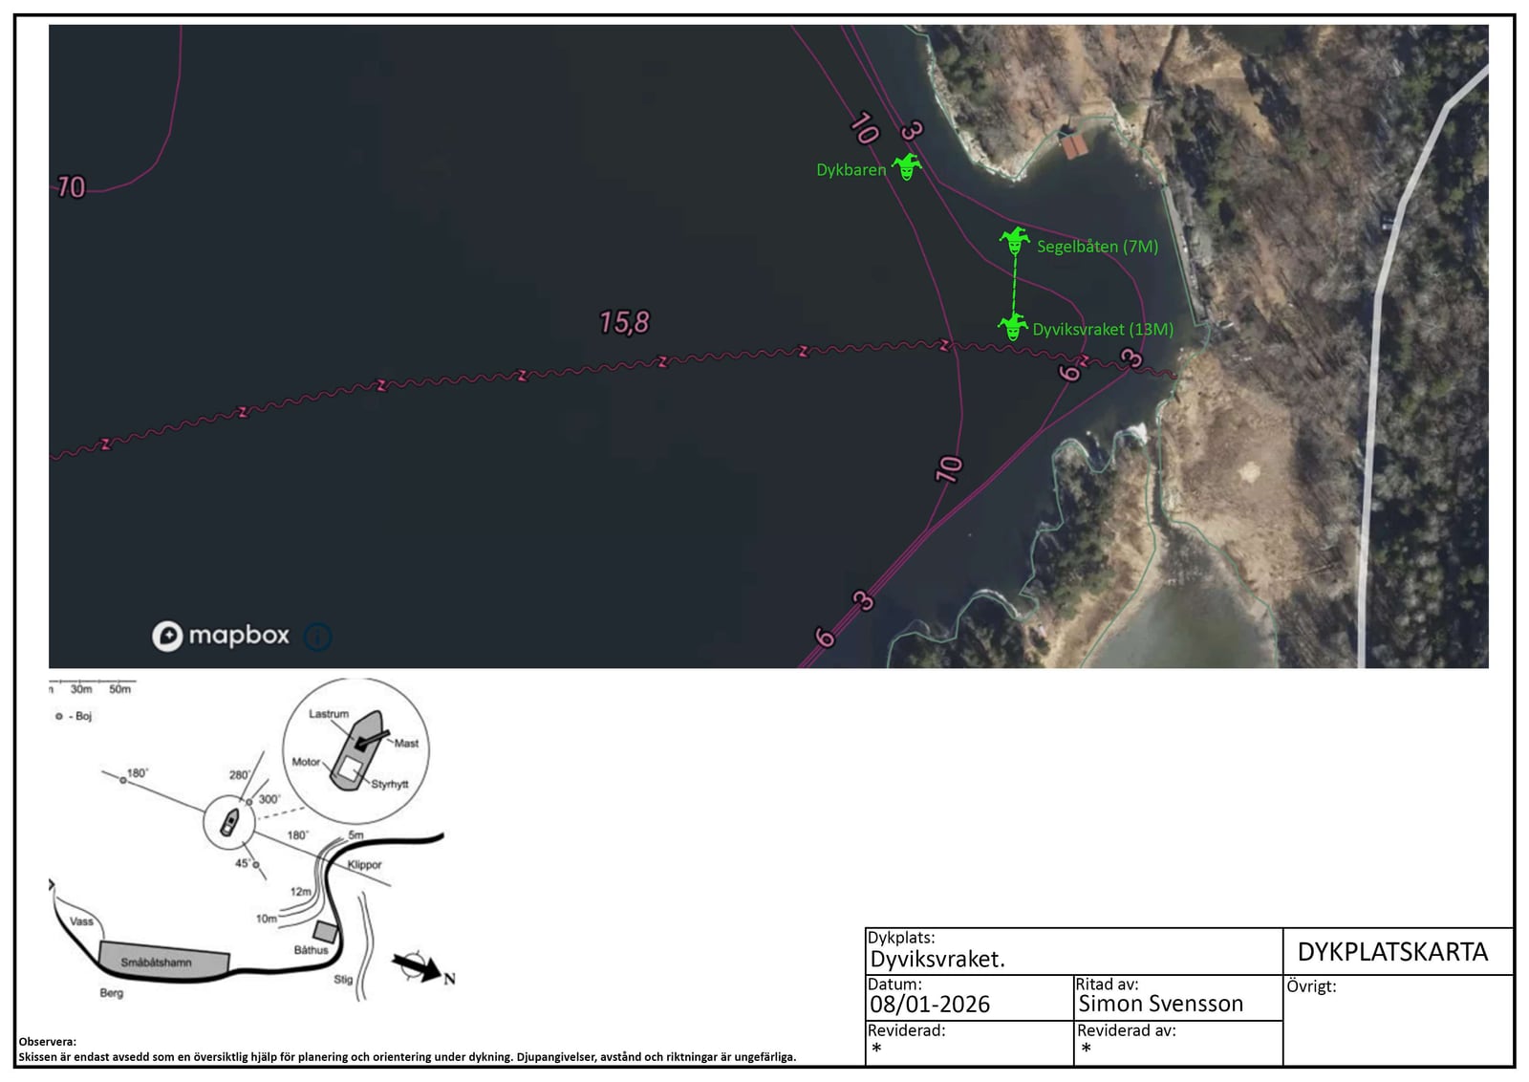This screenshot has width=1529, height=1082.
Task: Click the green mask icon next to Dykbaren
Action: point(907,166)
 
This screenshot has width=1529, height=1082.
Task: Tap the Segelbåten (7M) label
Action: point(1097,247)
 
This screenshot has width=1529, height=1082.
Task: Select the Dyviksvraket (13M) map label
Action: point(1103,329)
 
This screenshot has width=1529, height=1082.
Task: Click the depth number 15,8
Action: point(624,322)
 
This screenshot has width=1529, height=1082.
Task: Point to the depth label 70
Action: point(71,187)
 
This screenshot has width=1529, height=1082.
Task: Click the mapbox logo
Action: point(221,636)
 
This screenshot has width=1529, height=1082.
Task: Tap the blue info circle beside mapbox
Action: point(317,637)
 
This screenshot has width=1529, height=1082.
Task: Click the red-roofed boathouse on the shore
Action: point(1074,145)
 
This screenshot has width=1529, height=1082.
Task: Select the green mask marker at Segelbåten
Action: point(1014,240)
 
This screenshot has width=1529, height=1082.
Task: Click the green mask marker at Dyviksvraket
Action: point(1013,326)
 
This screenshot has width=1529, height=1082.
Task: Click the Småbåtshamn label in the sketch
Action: point(156,963)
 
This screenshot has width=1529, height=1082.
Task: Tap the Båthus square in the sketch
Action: point(325,931)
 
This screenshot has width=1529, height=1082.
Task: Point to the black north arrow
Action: point(417,966)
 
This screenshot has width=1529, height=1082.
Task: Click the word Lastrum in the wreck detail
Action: point(329,713)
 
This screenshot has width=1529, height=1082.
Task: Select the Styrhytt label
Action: point(389,785)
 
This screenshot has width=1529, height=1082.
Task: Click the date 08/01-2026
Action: point(929,1004)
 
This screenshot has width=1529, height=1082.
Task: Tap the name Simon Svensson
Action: point(1160,1003)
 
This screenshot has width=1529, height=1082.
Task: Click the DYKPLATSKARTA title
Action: point(1391,952)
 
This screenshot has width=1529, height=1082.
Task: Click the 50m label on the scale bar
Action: point(119,689)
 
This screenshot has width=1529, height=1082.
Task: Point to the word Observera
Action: point(47,1042)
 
